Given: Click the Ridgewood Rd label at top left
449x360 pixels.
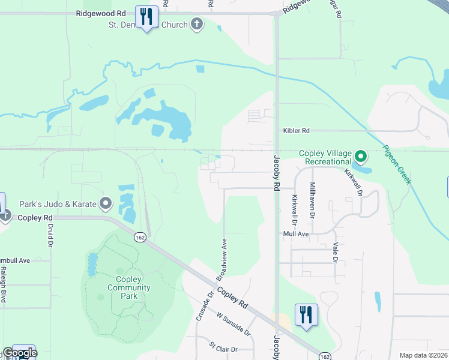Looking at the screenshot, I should (x=101, y=13).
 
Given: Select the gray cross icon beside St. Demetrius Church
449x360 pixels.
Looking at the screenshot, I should (x=196, y=25).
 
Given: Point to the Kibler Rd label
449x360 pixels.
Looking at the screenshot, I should (x=297, y=130).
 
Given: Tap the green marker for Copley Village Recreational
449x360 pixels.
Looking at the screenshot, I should (x=360, y=157).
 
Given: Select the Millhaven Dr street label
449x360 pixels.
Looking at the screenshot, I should (x=312, y=200).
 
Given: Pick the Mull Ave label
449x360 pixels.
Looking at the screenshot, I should (x=296, y=233).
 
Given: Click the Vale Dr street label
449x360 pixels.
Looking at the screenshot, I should (x=334, y=253).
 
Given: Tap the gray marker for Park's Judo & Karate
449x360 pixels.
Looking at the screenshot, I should (x=106, y=204).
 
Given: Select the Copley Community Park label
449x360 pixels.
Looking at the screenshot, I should (x=129, y=287).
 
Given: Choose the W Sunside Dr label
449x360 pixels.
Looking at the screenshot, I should (x=233, y=323).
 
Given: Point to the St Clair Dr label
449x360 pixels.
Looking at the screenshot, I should (x=223, y=348).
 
